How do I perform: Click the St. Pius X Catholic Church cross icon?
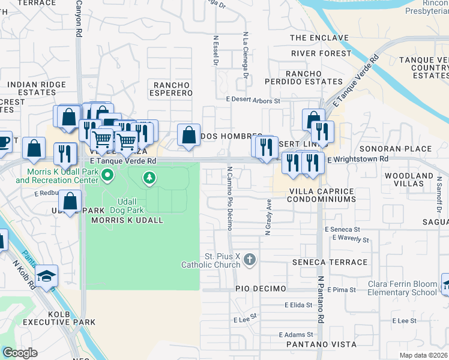pyautogui.click(x=250, y=259)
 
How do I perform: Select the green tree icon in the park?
pyautogui.click(x=149, y=178)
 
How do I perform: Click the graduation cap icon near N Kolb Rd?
pyautogui.click(x=46, y=276)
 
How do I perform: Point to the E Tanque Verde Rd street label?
pyautogui.click(x=123, y=161)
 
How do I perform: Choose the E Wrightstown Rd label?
pyautogui.click(x=357, y=159)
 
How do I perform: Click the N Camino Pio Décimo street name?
pyautogui.click(x=229, y=198)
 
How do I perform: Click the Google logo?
pyautogui.click(x=20, y=353)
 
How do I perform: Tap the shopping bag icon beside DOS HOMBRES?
pyautogui.click(x=188, y=135)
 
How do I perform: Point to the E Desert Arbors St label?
pyautogui.click(x=253, y=101)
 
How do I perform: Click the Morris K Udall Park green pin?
pyautogui.click(x=108, y=176)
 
